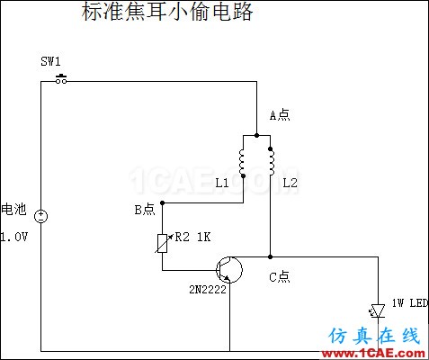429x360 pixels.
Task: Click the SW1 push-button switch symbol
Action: [x=61, y=79]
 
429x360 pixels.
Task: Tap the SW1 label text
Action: [x=50, y=61]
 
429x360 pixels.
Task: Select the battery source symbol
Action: [x=40, y=216]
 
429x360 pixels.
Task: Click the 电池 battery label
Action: [x=13, y=209]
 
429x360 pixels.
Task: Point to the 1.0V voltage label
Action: [x=13, y=237]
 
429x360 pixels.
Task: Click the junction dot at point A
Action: [x=256, y=135]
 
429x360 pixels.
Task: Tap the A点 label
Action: [x=280, y=115]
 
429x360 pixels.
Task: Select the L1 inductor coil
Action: [x=242, y=163]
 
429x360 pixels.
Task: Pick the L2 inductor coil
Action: [x=271, y=161]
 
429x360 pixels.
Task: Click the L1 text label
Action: [x=222, y=183]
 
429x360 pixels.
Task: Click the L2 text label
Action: [x=290, y=183]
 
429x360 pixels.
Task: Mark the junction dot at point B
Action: [x=163, y=203]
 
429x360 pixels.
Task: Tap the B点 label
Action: [x=145, y=210]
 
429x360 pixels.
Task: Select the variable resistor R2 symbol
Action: [x=163, y=243]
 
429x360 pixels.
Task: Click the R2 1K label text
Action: [x=192, y=237]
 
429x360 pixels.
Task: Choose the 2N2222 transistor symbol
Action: [x=229, y=270]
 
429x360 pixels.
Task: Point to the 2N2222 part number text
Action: [x=208, y=290]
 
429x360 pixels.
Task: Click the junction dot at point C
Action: [x=271, y=256]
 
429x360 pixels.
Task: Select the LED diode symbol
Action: [x=377, y=311]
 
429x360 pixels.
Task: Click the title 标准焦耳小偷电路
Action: [x=167, y=12]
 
